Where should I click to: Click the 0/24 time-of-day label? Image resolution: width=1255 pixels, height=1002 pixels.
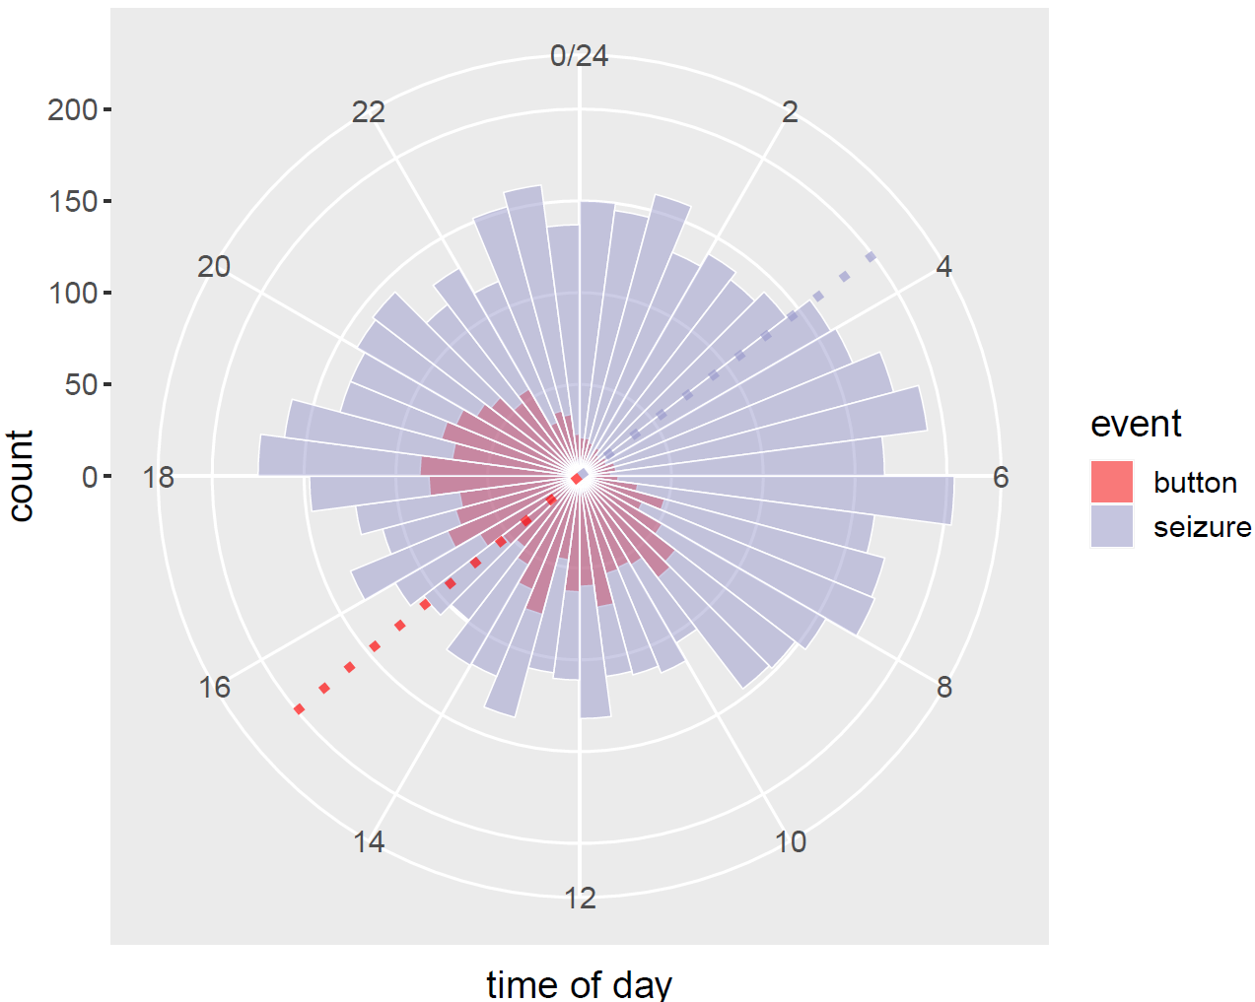pyautogui.click(x=579, y=56)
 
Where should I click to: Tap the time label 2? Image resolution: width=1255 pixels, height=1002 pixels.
pyautogui.click(x=790, y=112)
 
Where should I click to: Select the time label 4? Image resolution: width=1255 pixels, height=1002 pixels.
pyautogui.click(x=943, y=267)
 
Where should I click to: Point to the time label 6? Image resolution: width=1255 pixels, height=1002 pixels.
pyautogui.click(x=1001, y=478)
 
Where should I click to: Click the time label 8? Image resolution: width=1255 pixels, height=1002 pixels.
pyautogui.click(x=943, y=688)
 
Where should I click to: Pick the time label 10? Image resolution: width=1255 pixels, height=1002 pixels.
pyautogui.click(x=790, y=842)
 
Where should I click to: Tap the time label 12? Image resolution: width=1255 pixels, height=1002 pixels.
pyautogui.click(x=580, y=899)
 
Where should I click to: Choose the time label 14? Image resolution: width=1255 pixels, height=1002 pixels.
pyautogui.click(x=369, y=842)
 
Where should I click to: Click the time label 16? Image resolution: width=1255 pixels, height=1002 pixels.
pyautogui.click(x=215, y=688)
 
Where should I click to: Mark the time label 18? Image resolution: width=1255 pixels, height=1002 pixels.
pyautogui.click(x=159, y=478)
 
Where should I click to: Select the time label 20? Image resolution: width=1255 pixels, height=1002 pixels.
pyautogui.click(x=214, y=267)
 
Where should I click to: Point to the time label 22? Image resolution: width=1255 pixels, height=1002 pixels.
pyautogui.click(x=369, y=112)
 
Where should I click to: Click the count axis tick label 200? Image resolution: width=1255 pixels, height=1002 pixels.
pyautogui.click(x=73, y=109)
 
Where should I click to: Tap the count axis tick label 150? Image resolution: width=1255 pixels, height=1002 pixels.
pyautogui.click(x=73, y=201)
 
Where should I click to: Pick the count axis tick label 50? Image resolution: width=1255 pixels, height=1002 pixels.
pyautogui.click(x=81, y=384)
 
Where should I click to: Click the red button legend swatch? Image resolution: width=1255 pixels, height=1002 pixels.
pyautogui.click(x=1112, y=482)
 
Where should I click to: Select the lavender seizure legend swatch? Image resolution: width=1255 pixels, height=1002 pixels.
pyautogui.click(x=1112, y=526)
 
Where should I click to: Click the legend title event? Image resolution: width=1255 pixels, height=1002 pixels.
pyautogui.click(x=1136, y=425)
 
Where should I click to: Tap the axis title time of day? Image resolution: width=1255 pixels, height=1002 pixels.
pyautogui.click(x=579, y=983)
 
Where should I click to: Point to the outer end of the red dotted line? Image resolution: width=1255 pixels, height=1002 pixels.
pyautogui.click(x=299, y=709)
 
